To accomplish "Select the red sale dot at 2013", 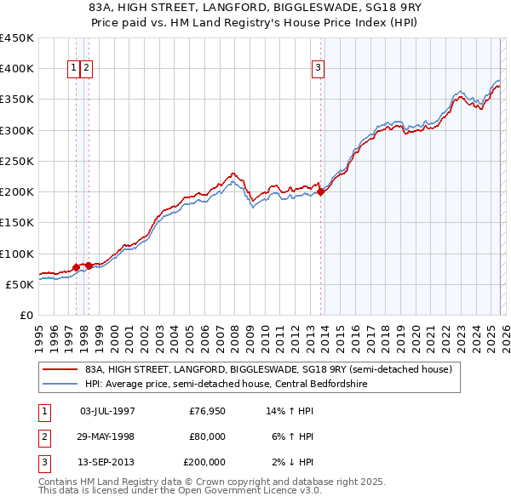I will click(321, 192).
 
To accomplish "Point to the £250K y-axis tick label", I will click(16, 161).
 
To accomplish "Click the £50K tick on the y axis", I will click(20, 284).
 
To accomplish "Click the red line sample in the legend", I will click(60, 369).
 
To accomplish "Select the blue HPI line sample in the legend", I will click(60, 383).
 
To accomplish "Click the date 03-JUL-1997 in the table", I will click(106, 411).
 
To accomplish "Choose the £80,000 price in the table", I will click(207, 436).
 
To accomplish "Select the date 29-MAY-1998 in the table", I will click(106, 436).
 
